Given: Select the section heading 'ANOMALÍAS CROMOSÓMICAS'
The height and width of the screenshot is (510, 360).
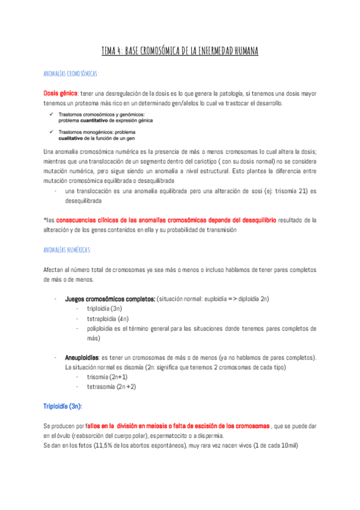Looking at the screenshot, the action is tap(71, 73).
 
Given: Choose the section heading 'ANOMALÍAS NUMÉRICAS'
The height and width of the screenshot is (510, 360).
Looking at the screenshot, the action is tap(67, 249).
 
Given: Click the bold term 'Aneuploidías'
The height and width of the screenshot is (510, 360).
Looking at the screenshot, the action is tap(82, 357).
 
